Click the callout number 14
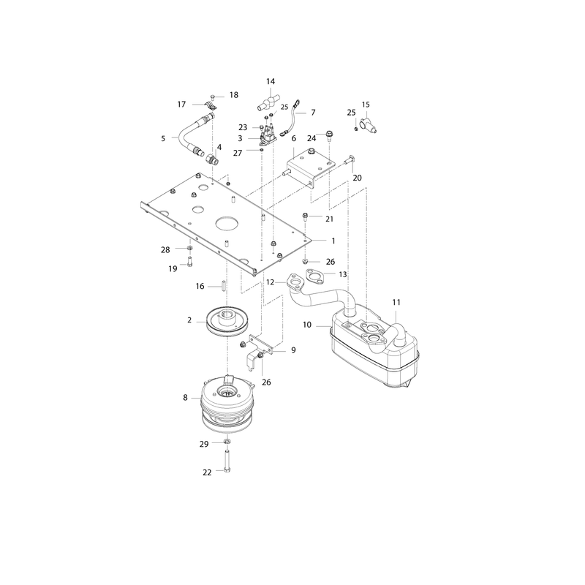pos(271,81)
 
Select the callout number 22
pos(207,472)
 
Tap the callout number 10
pos(306,325)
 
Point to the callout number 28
pos(165,249)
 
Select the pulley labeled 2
pos(227,322)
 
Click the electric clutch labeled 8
pos(227,404)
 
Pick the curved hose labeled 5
pos(189,135)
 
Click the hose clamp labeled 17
pos(211,105)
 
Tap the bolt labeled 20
pos(347,159)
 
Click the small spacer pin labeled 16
pos(224,286)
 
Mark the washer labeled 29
pos(227,442)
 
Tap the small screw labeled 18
pos(213,97)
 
